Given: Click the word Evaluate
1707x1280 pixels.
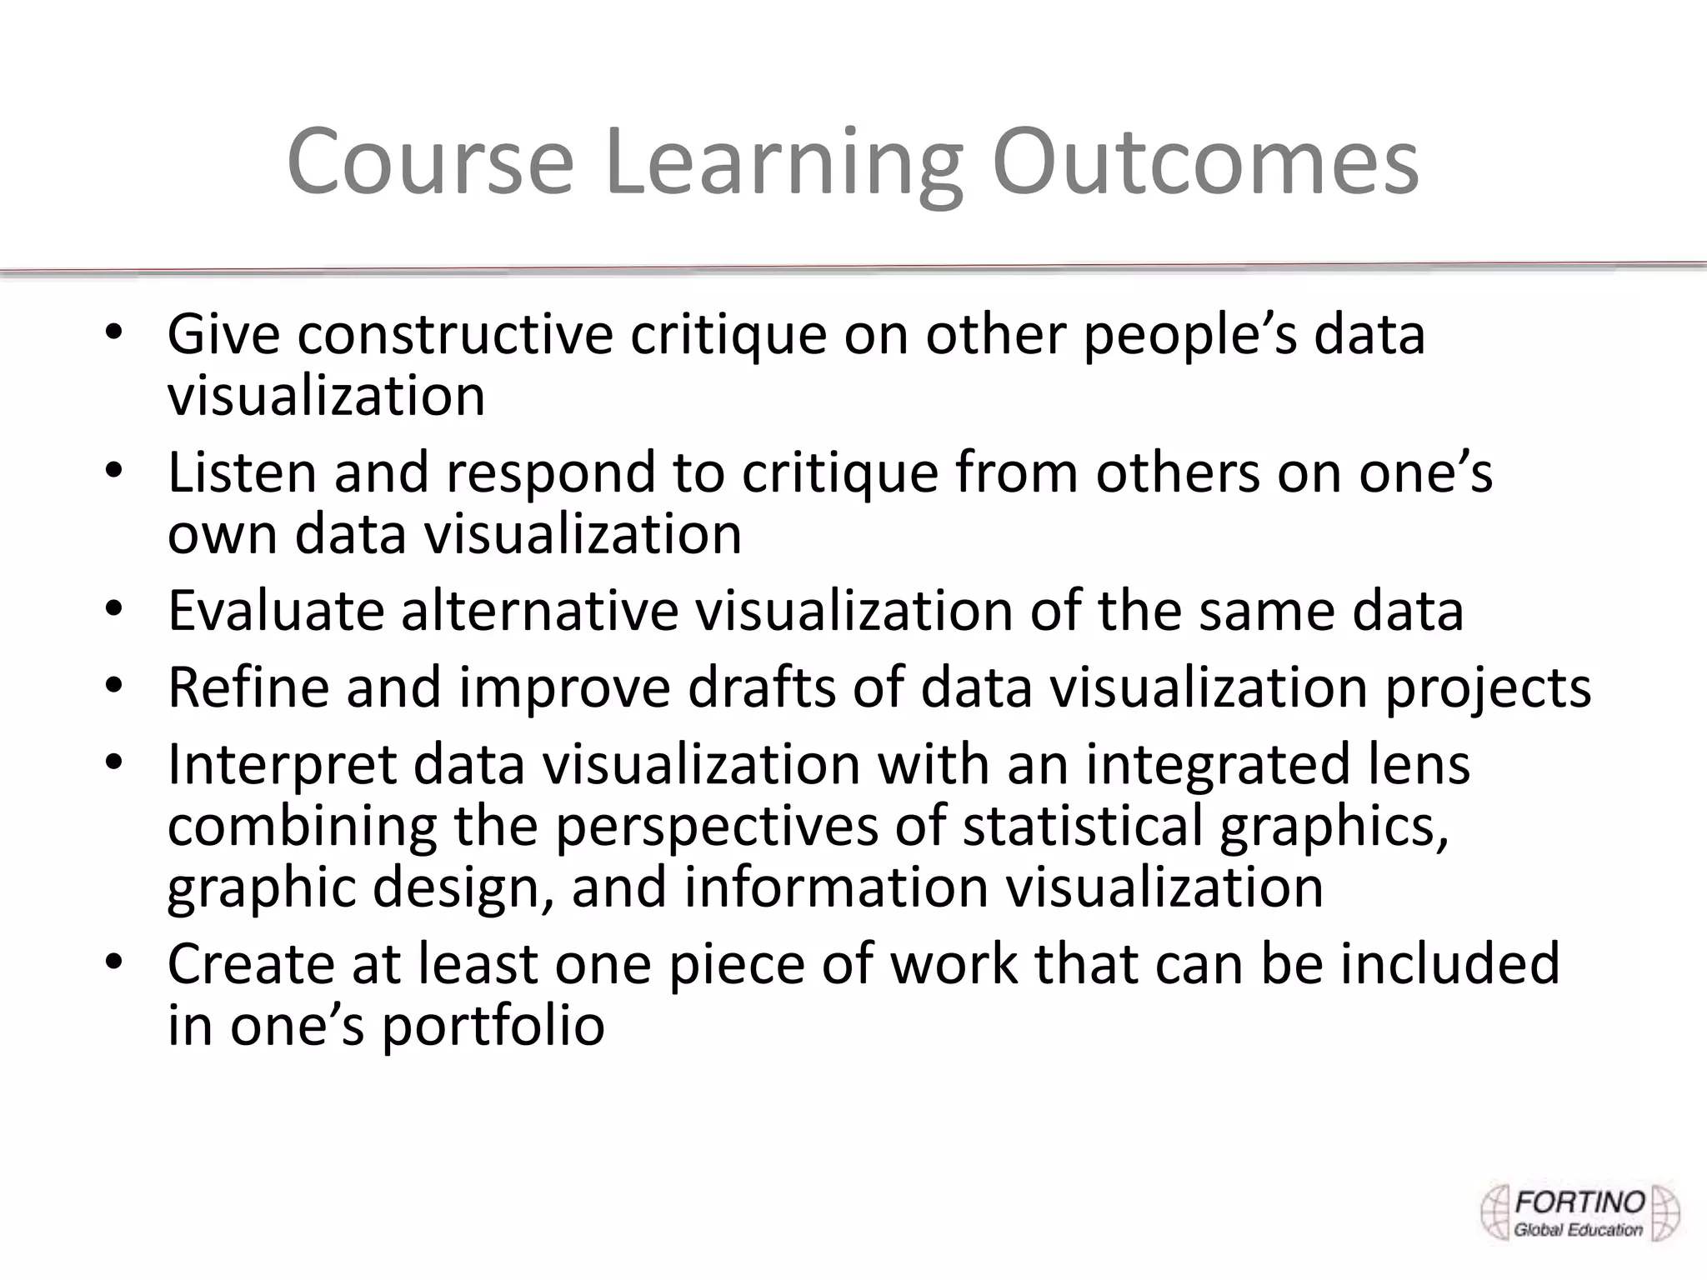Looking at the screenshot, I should coord(276,611).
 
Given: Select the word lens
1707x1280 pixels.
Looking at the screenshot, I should coord(1419,764).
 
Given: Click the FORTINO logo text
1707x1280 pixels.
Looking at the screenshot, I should coord(1579,1203).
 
